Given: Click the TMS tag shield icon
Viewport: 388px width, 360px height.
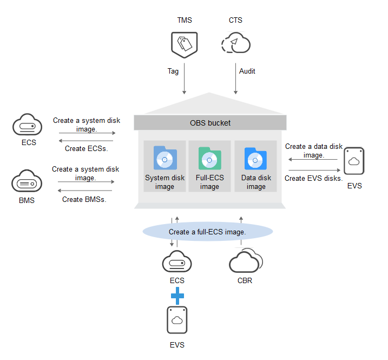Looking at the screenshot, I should click(x=184, y=44).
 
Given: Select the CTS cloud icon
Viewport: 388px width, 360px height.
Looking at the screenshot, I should click(x=235, y=43).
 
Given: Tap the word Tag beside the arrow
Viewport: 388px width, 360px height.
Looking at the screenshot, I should click(x=173, y=71).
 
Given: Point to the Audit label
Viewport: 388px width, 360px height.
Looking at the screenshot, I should click(x=247, y=71).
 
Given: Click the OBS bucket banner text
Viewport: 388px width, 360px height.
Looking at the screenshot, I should click(x=210, y=123).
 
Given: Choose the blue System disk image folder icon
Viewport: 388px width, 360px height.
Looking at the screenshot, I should click(x=165, y=158).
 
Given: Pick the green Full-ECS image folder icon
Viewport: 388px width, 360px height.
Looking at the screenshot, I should click(x=209, y=158).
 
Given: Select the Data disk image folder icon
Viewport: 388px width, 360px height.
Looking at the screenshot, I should click(x=255, y=158).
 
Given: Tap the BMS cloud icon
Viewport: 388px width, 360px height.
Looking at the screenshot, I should click(x=27, y=181).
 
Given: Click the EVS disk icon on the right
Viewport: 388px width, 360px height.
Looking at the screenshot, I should click(x=354, y=161).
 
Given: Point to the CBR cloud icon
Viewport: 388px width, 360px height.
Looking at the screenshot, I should click(x=245, y=262).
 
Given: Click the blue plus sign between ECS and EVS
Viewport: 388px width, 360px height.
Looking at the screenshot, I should click(x=177, y=296).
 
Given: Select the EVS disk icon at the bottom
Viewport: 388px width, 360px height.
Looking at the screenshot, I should click(x=177, y=320).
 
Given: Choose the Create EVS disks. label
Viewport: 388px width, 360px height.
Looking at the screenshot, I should click(x=314, y=178).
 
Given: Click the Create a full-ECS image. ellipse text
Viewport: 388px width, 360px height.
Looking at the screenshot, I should click(x=207, y=232).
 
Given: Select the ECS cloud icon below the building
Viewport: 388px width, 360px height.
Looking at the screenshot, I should click(x=177, y=262).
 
